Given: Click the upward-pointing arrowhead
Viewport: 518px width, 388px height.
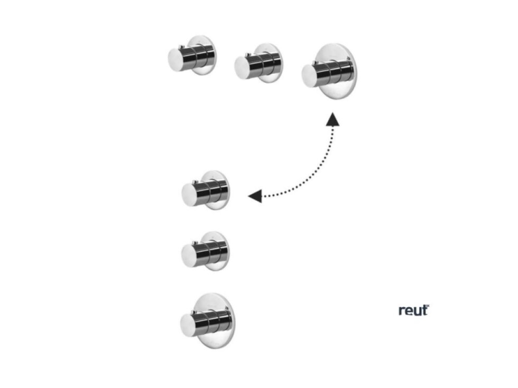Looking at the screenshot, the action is (332, 119).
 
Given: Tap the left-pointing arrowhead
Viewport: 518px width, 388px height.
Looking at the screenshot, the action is (255, 196).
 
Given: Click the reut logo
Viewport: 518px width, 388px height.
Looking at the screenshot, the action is (413, 310).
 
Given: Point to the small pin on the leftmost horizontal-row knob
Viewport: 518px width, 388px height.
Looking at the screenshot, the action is (180, 48).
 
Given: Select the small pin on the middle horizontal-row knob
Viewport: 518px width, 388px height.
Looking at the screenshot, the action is (247, 55).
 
